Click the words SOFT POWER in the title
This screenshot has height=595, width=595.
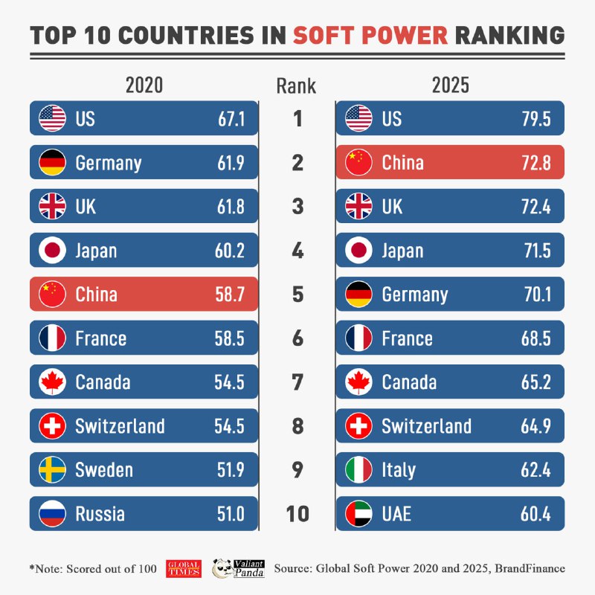370,35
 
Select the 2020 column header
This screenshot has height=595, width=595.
144,85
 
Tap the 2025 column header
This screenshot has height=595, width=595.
451,85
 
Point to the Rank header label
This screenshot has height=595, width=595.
296,86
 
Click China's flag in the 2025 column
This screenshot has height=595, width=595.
359,162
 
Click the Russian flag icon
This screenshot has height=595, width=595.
52,513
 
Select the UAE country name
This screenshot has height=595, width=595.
396,513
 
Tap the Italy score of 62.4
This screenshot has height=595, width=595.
535,470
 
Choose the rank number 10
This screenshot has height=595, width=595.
297,514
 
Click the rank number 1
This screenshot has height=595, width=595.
297,118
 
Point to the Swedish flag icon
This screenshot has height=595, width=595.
52,469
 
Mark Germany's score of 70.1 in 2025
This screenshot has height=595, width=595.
535,295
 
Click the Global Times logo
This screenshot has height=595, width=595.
184,568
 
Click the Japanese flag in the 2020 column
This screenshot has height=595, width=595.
52,250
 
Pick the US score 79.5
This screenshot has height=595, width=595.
535,118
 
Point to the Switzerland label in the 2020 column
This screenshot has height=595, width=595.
120,426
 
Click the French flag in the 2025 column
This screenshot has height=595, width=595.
359,338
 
